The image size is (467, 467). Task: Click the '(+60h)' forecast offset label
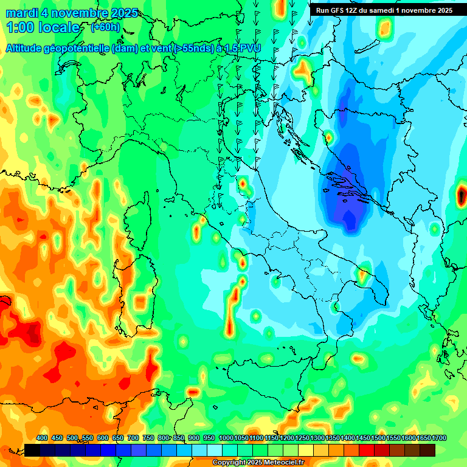point(105,27)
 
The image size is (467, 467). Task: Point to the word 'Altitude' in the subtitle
point(27,47)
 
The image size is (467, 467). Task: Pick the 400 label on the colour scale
point(42,438)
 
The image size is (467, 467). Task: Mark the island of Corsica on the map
point(139,219)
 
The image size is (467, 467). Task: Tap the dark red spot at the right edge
point(462,195)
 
